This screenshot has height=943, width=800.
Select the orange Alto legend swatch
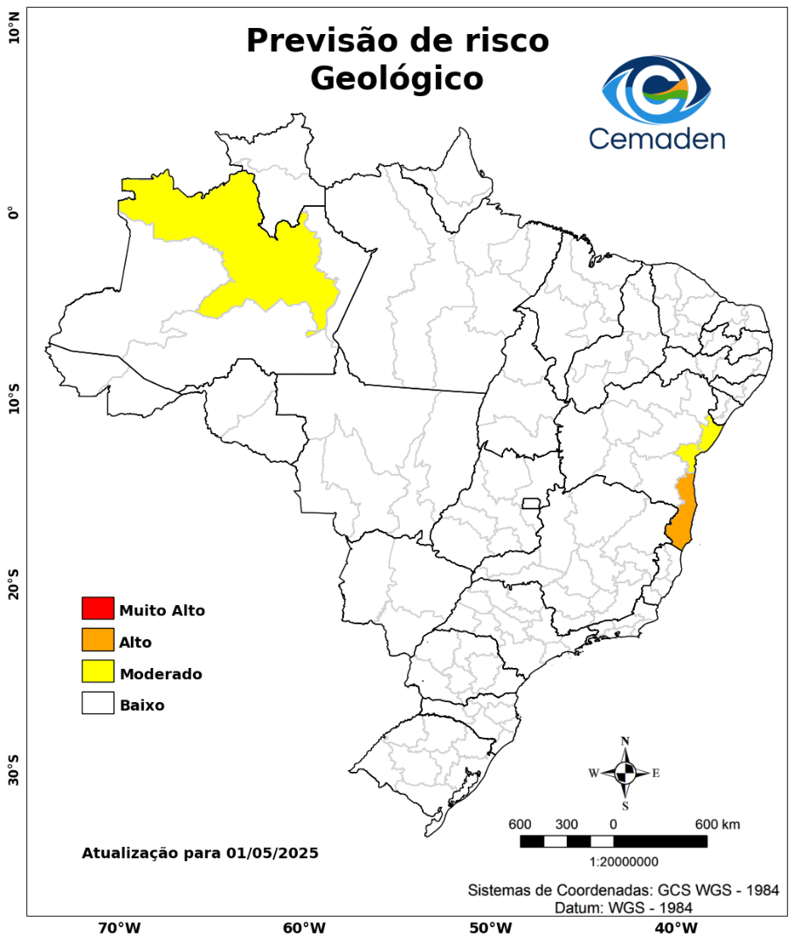click(98, 640)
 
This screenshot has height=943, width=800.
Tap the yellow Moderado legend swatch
click(98, 671)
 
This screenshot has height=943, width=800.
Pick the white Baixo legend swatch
click(98, 703)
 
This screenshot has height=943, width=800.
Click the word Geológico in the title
click(397, 79)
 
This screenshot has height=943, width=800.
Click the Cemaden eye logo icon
click(657, 90)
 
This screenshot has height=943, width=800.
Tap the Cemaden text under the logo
click(656, 138)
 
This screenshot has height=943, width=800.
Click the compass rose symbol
click(625, 773)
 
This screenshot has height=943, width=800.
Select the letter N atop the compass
click(625, 741)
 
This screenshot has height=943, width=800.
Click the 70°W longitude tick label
click(120, 927)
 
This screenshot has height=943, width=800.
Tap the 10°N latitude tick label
click(13, 35)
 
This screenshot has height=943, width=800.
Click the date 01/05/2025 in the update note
click(272, 852)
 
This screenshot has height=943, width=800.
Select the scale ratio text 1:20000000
click(624, 862)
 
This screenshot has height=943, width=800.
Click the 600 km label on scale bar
click(717, 824)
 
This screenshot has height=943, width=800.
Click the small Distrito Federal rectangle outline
click(531, 503)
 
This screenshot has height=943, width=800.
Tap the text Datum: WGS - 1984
click(624, 908)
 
